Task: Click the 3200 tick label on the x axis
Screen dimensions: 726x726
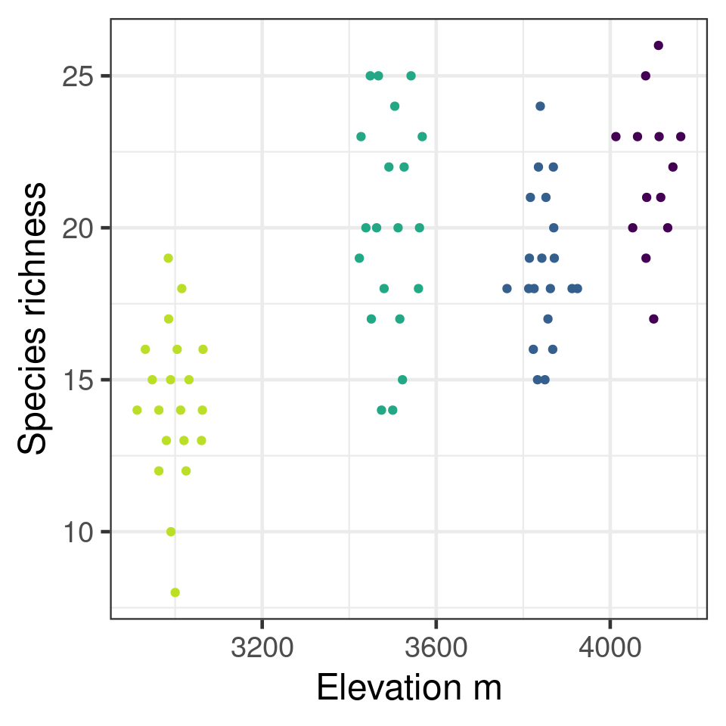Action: tap(262, 648)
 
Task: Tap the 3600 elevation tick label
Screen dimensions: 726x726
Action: tap(436, 648)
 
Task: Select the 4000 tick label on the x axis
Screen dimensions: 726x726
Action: tap(610, 648)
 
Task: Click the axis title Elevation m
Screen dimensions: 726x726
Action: tap(408, 688)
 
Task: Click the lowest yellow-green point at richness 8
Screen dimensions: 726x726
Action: tap(175, 592)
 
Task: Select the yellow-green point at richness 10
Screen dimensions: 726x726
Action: tap(171, 532)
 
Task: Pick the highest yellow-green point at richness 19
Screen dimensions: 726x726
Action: tap(168, 258)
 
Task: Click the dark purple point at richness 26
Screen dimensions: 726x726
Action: tap(658, 45)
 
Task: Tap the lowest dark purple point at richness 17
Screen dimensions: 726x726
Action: tap(653, 318)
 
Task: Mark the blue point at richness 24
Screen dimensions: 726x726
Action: tap(540, 106)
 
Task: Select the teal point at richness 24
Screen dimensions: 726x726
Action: tap(394, 106)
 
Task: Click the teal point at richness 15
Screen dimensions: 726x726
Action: tap(402, 380)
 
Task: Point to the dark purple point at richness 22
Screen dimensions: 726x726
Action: tap(672, 167)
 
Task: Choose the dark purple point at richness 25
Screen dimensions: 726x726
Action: tap(645, 76)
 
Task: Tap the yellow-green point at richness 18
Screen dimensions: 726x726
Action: tap(181, 288)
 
